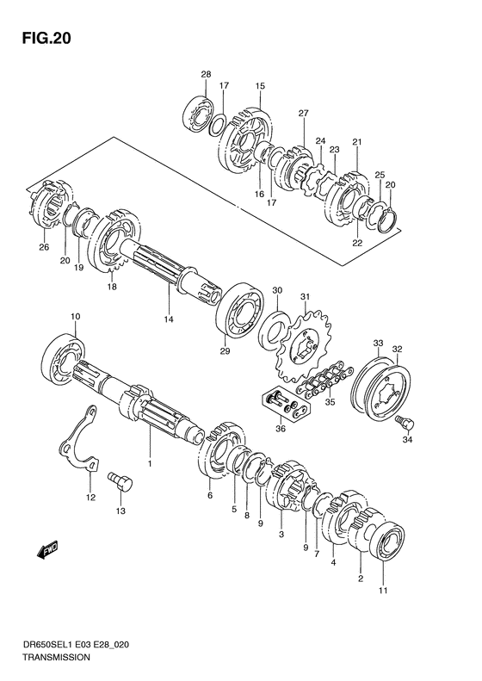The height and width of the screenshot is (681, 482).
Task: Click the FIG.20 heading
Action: (x=46, y=38)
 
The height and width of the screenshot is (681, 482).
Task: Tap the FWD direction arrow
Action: (x=46, y=551)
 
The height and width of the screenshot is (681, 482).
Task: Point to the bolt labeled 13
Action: (x=120, y=482)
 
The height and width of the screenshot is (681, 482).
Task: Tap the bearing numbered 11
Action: (x=387, y=540)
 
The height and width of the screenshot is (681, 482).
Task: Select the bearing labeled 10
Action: (x=63, y=357)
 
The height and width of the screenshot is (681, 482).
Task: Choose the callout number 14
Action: (x=169, y=319)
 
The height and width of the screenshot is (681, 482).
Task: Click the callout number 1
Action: (x=150, y=464)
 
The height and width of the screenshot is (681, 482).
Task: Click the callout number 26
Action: (x=44, y=248)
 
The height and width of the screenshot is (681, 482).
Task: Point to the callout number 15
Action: (x=260, y=86)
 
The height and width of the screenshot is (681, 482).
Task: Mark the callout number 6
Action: (x=210, y=495)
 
